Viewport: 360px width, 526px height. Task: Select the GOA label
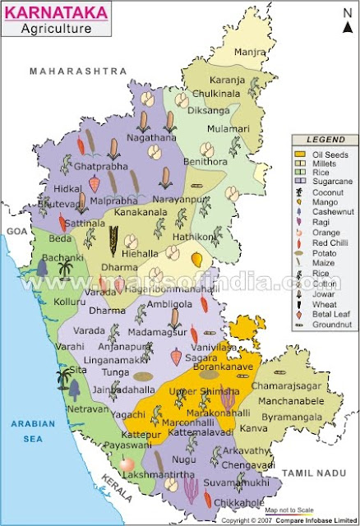(x=12, y=232)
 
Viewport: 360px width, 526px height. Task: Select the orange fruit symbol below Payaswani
(x=127, y=465)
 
